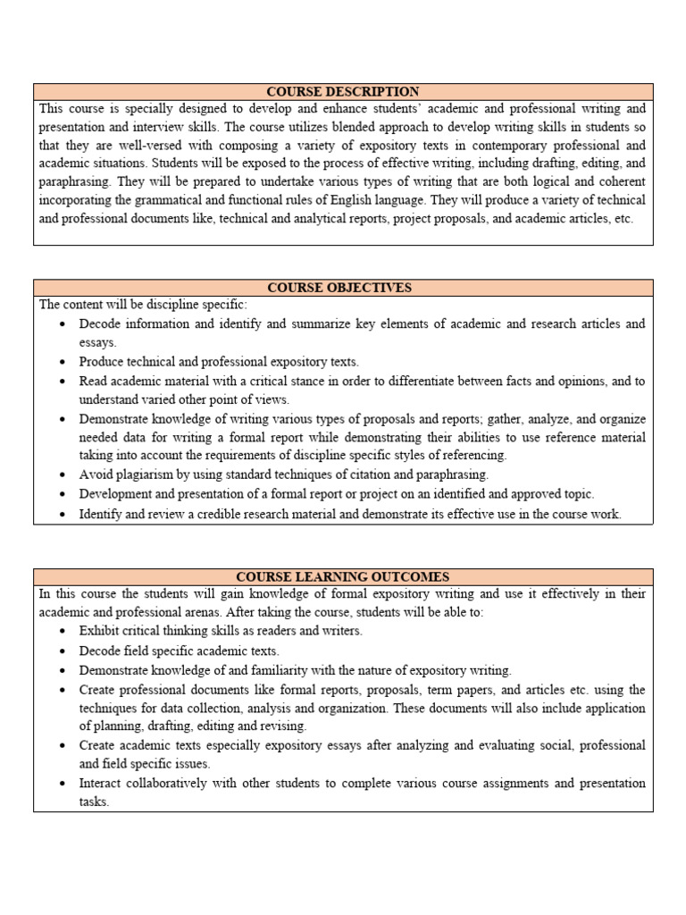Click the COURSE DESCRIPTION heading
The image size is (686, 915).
coord(343,91)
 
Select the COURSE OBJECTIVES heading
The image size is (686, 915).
coord(343,287)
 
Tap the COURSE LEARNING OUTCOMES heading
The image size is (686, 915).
coord(343,577)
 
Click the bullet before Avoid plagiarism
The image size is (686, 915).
coord(61,475)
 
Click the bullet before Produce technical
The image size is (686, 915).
coord(61,363)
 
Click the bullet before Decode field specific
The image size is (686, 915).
coord(61,651)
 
